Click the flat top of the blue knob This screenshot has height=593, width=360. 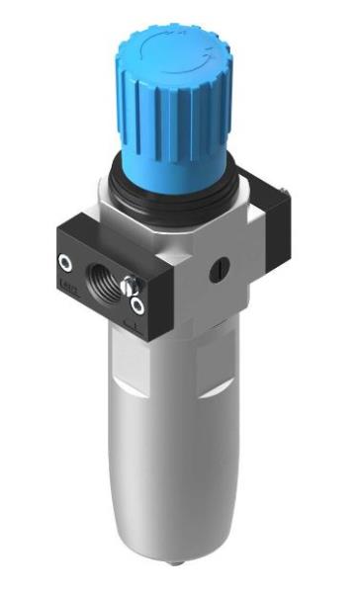tap(157, 44)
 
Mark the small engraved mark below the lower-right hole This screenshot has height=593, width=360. tap(135, 322)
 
